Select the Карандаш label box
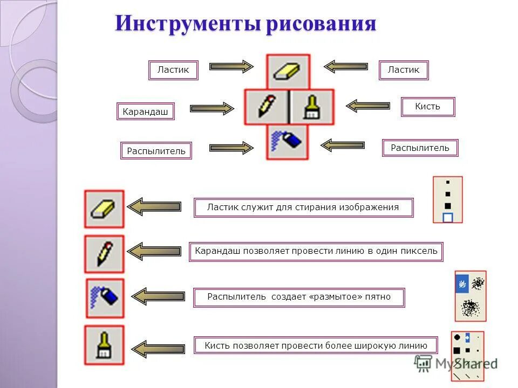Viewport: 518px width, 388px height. pos(145,112)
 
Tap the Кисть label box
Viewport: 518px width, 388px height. pos(427,107)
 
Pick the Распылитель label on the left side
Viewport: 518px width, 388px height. pos(156,151)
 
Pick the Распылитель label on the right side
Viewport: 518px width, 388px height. pos(420,148)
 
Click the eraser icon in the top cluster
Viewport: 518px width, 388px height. pos(288,71)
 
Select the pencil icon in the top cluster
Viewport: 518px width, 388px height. pos(266,107)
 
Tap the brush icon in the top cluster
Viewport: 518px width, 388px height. pos(311,107)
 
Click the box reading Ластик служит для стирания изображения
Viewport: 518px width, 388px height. pos(303,207)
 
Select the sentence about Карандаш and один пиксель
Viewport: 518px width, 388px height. pos(316,252)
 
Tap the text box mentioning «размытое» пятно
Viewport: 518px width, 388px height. pos(298,297)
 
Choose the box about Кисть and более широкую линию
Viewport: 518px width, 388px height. pos(316,345)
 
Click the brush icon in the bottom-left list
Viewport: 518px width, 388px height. pos(104,345)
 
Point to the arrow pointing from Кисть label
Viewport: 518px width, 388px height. pos(368,106)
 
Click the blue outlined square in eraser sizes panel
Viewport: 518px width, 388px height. pos(447,217)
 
